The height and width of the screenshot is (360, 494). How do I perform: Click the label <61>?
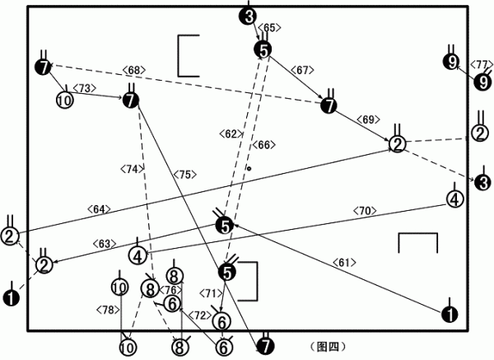344,262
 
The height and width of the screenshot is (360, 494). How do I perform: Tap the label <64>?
99,209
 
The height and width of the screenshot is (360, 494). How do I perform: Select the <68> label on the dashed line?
134,70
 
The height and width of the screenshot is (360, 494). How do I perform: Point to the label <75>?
185,175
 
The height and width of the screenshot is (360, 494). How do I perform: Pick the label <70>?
365,211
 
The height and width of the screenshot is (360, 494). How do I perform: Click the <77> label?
481,64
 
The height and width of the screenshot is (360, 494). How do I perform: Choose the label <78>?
108,310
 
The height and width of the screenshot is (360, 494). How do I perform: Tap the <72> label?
200,316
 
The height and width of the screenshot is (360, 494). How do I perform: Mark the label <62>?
231,134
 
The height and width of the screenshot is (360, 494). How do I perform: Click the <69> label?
368,119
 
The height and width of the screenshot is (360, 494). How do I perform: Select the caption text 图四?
328,347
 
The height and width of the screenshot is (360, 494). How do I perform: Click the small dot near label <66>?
249,169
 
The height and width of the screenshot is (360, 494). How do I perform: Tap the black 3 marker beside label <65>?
249,16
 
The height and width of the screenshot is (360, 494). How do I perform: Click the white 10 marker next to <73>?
64,101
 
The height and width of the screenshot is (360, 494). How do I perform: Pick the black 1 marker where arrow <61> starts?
450,314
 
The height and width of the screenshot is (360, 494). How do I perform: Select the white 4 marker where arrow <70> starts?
455,199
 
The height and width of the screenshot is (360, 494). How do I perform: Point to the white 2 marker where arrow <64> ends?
398,144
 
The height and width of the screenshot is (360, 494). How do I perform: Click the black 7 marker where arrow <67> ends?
329,105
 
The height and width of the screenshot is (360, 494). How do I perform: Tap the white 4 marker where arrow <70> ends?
137,256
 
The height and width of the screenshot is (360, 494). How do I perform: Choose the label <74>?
133,169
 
